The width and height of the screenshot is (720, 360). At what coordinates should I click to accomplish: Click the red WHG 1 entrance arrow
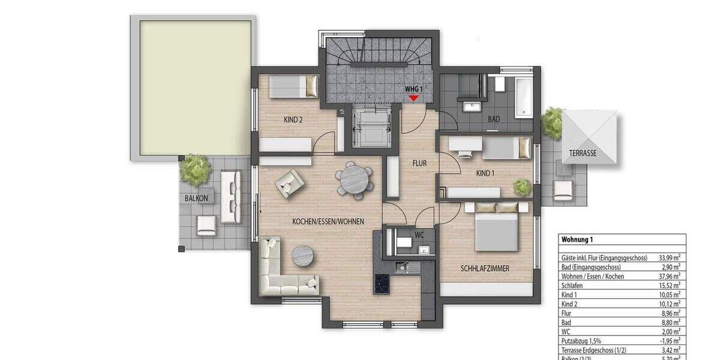click(413, 97)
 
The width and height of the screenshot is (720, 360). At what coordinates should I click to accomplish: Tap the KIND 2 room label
click(293, 119)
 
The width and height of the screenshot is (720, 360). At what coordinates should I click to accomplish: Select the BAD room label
click(494, 119)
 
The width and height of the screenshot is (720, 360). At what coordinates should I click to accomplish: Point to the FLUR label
click(419, 163)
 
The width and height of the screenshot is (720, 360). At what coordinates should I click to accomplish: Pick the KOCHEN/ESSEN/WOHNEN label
click(328, 221)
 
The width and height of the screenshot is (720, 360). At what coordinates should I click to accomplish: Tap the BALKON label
click(196, 198)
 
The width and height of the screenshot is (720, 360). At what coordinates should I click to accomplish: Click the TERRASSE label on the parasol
click(583, 154)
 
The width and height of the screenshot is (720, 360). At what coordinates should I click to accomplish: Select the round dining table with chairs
click(354, 179)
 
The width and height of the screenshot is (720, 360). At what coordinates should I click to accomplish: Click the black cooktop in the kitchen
click(382, 283)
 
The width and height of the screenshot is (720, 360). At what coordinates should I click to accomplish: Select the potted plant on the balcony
click(194, 169)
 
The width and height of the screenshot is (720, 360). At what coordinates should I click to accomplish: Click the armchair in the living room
click(289, 182)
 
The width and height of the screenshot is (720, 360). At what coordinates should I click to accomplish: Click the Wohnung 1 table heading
click(577, 239)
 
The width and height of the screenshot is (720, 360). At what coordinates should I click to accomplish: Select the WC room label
click(419, 235)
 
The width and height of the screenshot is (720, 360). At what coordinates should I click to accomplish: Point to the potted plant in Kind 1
click(522, 187)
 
